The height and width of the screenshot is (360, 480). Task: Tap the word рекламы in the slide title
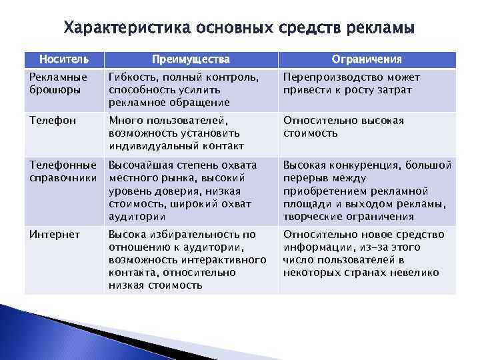click(383, 29)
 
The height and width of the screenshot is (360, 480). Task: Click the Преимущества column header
click(190, 60)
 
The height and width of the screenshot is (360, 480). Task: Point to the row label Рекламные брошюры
click(58, 83)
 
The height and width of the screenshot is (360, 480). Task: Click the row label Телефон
click(53, 121)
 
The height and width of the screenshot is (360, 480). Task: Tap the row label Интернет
click(55, 235)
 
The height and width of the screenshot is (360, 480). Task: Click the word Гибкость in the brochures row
click(131, 77)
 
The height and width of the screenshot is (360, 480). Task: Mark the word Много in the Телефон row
click(125, 121)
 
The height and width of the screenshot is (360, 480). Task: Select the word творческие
click(313, 217)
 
